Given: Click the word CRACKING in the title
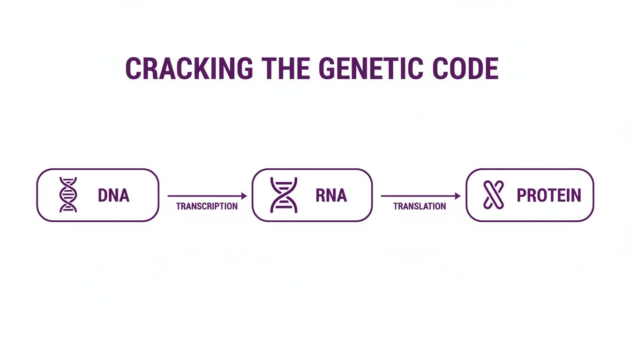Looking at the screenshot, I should (x=189, y=68).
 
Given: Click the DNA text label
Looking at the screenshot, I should (x=113, y=195).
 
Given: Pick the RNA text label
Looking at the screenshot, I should (x=331, y=195).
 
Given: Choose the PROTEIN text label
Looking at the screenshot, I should (x=548, y=195).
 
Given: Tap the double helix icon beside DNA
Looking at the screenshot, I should (x=68, y=195).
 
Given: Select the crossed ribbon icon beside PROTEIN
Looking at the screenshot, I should (x=493, y=195).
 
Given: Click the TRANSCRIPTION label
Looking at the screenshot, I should (x=207, y=206).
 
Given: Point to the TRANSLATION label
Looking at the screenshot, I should (x=420, y=206).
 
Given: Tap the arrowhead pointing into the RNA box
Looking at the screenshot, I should (x=244, y=196).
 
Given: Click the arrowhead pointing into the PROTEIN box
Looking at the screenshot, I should (x=457, y=196).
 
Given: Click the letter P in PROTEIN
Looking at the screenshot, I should (x=521, y=195).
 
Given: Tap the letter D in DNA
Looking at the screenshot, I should (x=103, y=195).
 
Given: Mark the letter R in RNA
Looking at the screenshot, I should (x=321, y=195).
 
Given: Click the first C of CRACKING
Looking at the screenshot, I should (x=133, y=68).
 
